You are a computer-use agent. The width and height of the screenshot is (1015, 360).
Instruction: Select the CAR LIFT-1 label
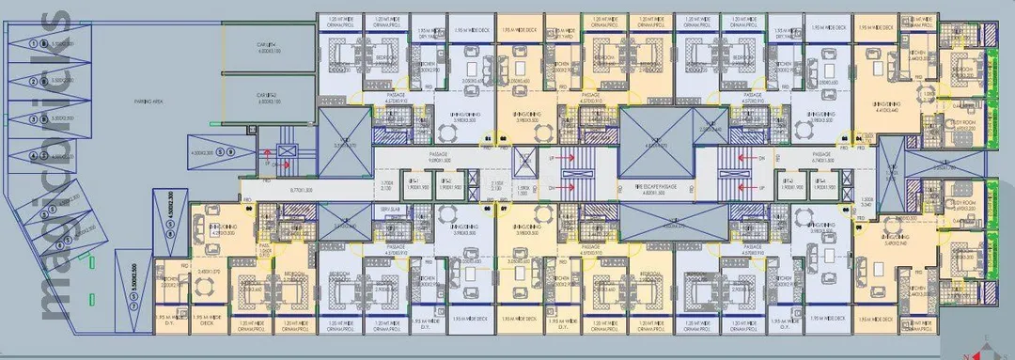click(265, 46)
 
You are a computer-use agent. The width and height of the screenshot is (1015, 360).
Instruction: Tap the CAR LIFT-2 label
click(265, 96)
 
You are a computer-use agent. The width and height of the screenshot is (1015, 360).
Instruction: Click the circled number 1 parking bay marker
click(34, 43)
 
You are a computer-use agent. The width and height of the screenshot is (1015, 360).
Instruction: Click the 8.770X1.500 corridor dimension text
click(302, 190)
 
